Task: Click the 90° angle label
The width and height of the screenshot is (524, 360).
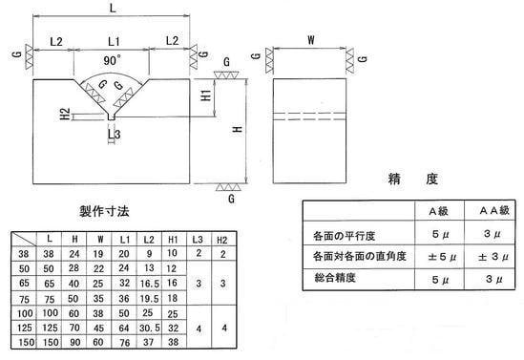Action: pos(113,59)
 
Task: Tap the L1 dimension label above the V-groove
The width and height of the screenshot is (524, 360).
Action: pos(113,41)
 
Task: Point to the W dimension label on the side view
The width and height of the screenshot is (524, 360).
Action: pos(310,40)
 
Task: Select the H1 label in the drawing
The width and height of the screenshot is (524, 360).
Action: pos(205,96)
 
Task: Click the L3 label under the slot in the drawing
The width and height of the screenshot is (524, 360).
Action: pos(115,135)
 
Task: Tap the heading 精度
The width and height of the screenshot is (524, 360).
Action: pos(401,179)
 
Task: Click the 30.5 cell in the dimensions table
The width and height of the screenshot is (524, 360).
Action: pos(148,326)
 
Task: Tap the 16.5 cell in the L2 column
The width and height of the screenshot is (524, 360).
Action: pos(148,284)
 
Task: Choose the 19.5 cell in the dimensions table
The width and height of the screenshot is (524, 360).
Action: pos(148,298)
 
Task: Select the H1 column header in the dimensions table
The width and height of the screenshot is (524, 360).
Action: pos(172,240)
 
